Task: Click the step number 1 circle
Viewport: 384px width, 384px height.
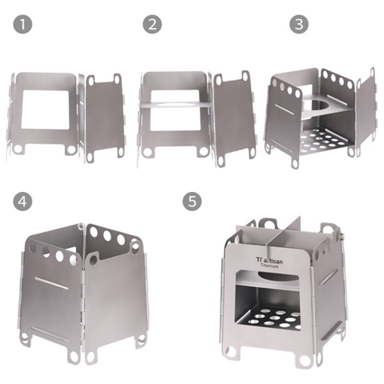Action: pos(23,24)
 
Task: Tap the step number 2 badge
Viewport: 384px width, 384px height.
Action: pos(152,24)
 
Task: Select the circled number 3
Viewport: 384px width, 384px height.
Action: pos(299,24)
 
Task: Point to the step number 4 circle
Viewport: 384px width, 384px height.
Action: pos(23,201)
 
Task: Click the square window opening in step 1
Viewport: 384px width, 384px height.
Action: pos(45,109)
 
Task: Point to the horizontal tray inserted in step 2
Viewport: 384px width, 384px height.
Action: pos(175,104)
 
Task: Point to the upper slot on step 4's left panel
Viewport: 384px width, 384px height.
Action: pos(51,283)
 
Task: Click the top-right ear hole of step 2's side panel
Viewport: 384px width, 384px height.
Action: pos(246,76)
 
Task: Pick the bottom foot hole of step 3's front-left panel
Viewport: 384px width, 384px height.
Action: pos(295,163)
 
